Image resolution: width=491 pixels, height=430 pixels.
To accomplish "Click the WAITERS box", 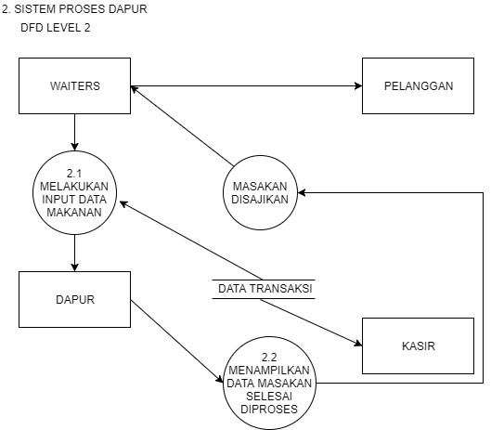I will [74, 86].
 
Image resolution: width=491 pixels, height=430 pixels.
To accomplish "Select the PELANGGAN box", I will [418, 86].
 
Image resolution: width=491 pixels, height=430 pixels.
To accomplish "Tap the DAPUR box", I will [74, 299].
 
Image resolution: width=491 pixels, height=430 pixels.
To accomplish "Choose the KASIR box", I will [418, 346].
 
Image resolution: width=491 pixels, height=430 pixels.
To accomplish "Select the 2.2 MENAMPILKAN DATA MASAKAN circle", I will [269, 383].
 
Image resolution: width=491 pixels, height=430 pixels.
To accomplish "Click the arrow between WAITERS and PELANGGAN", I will [246, 87].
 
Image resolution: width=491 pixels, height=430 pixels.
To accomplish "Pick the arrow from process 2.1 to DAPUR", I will [74, 251].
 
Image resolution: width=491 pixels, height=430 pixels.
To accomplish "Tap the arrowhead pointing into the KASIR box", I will [355, 343].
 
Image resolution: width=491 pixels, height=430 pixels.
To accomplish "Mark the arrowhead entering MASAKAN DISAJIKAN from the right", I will [304, 190].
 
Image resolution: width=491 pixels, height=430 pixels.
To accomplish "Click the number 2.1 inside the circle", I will [74, 173].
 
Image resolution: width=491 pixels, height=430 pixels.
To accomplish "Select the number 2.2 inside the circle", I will [269, 358].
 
